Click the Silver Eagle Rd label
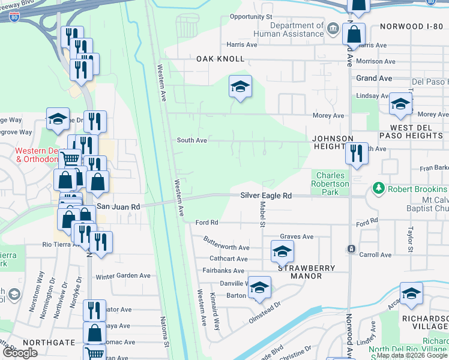point(266,196)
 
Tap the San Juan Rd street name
point(118,206)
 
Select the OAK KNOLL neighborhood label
point(220,59)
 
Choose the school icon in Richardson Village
point(411,293)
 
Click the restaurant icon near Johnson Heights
point(357,154)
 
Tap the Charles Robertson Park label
point(330,184)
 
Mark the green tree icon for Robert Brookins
point(378,188)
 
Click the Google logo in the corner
point(20,353)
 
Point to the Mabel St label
point(262,215)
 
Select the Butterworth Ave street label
point(225,247)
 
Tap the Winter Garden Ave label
point(122,277)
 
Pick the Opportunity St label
point(251,17)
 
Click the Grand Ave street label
point(374,79)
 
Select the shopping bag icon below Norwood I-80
point(354,34)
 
